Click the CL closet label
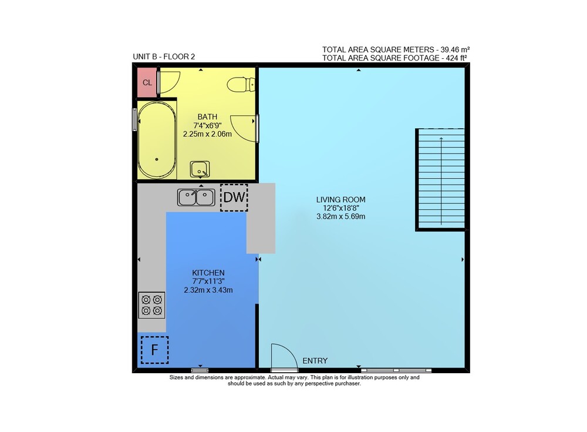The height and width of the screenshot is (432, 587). [x=147, y=82]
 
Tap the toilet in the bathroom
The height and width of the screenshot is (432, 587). [x=241, y=85]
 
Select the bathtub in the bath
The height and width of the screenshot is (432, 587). [x=157, y=139]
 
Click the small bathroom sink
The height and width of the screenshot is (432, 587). [x=200, y=169]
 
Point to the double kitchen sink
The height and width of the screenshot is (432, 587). [x=196, y=197]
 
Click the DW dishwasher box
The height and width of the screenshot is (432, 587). [x=234, y=197]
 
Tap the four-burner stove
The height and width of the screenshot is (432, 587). [x=151, y=305]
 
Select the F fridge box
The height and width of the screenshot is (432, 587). [x=154, y=350]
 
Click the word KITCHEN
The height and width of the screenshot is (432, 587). [x=208, y=273]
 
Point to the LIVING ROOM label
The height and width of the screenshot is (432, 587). [x=340, y=199]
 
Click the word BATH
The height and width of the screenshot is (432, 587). [x=207, y=116]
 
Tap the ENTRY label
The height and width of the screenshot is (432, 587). [x=315, y=361]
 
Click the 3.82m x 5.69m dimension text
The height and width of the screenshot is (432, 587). [x=340, y=216]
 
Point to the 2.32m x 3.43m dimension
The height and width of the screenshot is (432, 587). [x=208, y=290]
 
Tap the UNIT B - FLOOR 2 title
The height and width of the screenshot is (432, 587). [x=164, y=56]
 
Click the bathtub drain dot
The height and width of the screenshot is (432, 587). [x=157, y=159]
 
